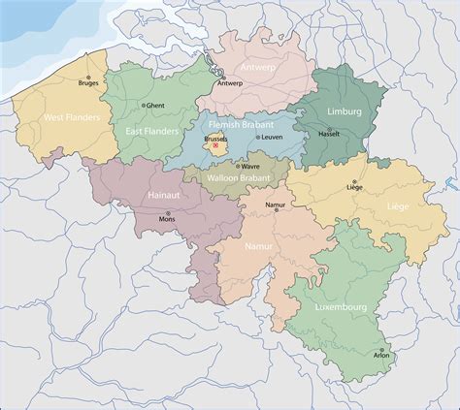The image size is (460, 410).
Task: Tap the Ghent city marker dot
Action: coord(145,105)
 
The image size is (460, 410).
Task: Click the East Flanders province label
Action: coord(150,129)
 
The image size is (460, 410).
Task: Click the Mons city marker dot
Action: coord(167,213)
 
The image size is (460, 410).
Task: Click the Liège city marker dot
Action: coord(354,182)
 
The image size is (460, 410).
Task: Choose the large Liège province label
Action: coord(398,205)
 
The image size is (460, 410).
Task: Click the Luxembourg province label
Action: coord(340,307)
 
